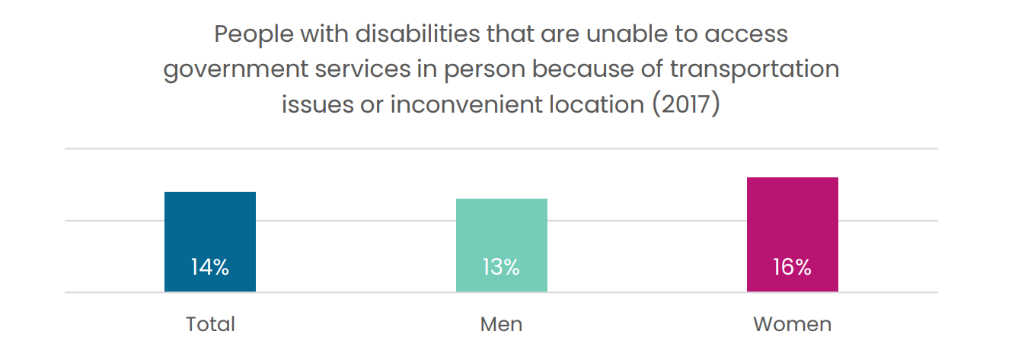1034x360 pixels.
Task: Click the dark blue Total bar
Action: pos(210,241)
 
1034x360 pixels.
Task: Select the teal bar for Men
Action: pos(502,245)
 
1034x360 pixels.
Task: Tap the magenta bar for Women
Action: pos(793,234)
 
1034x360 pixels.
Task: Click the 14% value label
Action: pos(210,267)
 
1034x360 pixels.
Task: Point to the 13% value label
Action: pos(501,267)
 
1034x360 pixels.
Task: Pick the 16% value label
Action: pos(793,267)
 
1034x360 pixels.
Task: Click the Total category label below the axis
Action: pos(210,324)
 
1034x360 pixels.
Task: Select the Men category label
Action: pos(501,324)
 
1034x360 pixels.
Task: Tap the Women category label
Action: pos(793,324)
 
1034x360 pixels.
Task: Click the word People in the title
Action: pos(254,34)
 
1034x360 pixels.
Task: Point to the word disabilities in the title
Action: pos(418,33)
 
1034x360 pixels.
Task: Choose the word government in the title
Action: pos(236,70)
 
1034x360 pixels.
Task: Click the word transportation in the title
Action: pos(755,70)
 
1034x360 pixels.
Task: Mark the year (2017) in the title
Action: pos(686,104)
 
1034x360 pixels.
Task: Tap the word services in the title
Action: pos(363,69)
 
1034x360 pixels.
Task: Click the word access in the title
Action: pos(746,34)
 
